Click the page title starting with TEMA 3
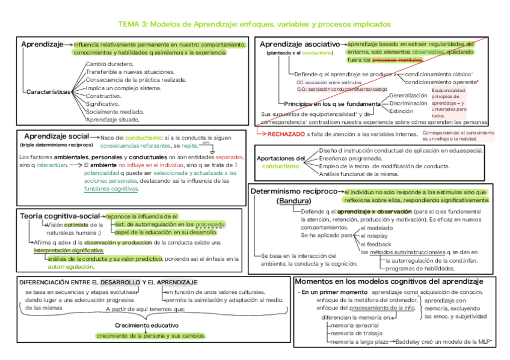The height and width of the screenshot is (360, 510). pos(254,24)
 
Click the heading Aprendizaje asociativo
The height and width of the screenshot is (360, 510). pos(298,44)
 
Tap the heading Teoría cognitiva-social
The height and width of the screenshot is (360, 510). pos(60,216)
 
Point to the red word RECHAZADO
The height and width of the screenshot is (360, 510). pos(286,133)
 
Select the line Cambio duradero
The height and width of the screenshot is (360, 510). pos(110,64)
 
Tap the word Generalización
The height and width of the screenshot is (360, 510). pos(408,96)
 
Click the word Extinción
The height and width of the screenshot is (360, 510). pos(401,111)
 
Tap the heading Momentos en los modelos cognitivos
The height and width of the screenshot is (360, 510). pos(389,282)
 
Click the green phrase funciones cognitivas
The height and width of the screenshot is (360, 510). pos(111,189)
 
